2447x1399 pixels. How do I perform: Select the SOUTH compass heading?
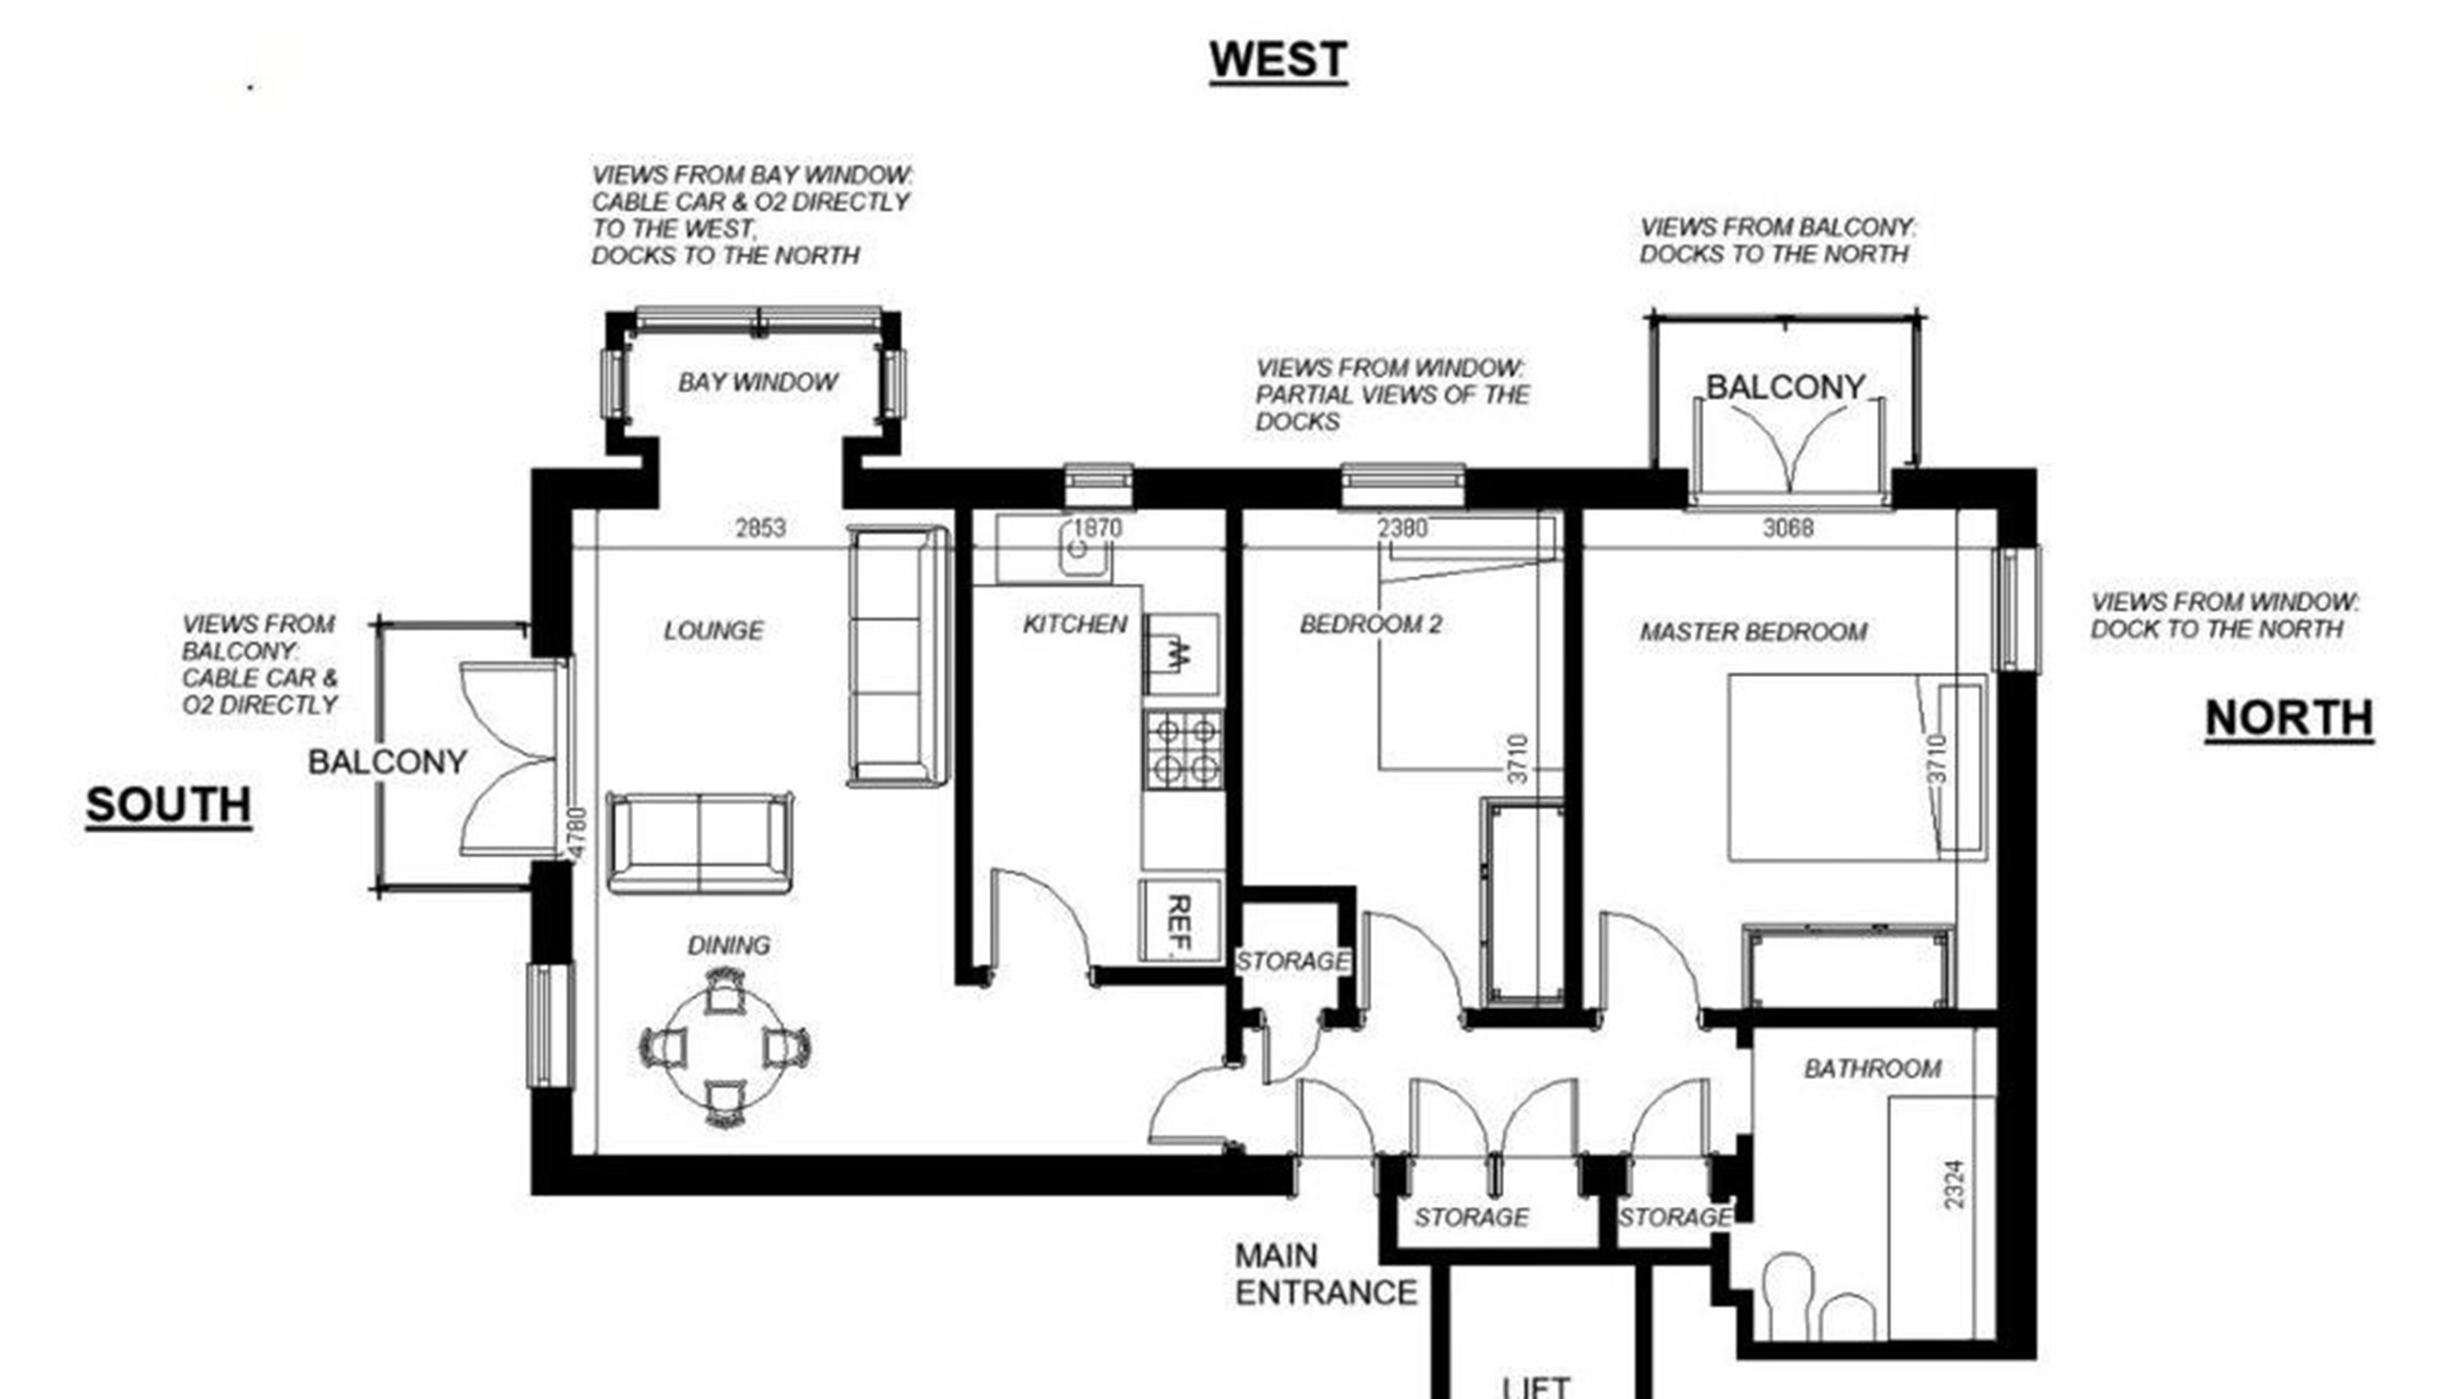pyautogui.click(x=169, y=804)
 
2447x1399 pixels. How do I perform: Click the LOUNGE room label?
pyautogui.click(x=714, y=631)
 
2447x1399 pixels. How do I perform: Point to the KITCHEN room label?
pyautogui.click(x=1075, y=625)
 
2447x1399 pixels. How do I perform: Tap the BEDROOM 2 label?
pyautogui.click(x=1371, y=625)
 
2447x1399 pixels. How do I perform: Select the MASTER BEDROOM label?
pyautogui.click(x=1753, y=632)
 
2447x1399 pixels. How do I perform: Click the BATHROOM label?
pyautogui.click(x=1872, y=1069)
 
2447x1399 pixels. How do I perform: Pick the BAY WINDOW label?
pyautogui.click(x=758, y=382)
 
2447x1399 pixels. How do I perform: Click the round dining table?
pyautogui.click(x=724, y=1048)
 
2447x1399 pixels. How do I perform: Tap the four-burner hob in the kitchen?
pyautogui.click(x=1183, y=751)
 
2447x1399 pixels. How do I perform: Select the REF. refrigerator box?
pyautogui.click(x=1180, y=920)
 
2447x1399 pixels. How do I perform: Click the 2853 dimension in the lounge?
pyautogui.click(x=761, y=527)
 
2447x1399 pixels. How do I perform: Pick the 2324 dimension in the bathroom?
pyautogui.click(x=1953, y=1185)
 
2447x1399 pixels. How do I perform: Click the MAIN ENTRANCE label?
pyautogui.click(x=1325, y=1274)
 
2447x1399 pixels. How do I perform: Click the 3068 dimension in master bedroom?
pyautogui.click(x=1788, y=527)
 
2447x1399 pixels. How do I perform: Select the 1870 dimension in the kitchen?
pyautogui.click(x=1097, y=527)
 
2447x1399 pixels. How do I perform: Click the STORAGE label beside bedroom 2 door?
pyautogui.click(x=1293, y=961)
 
